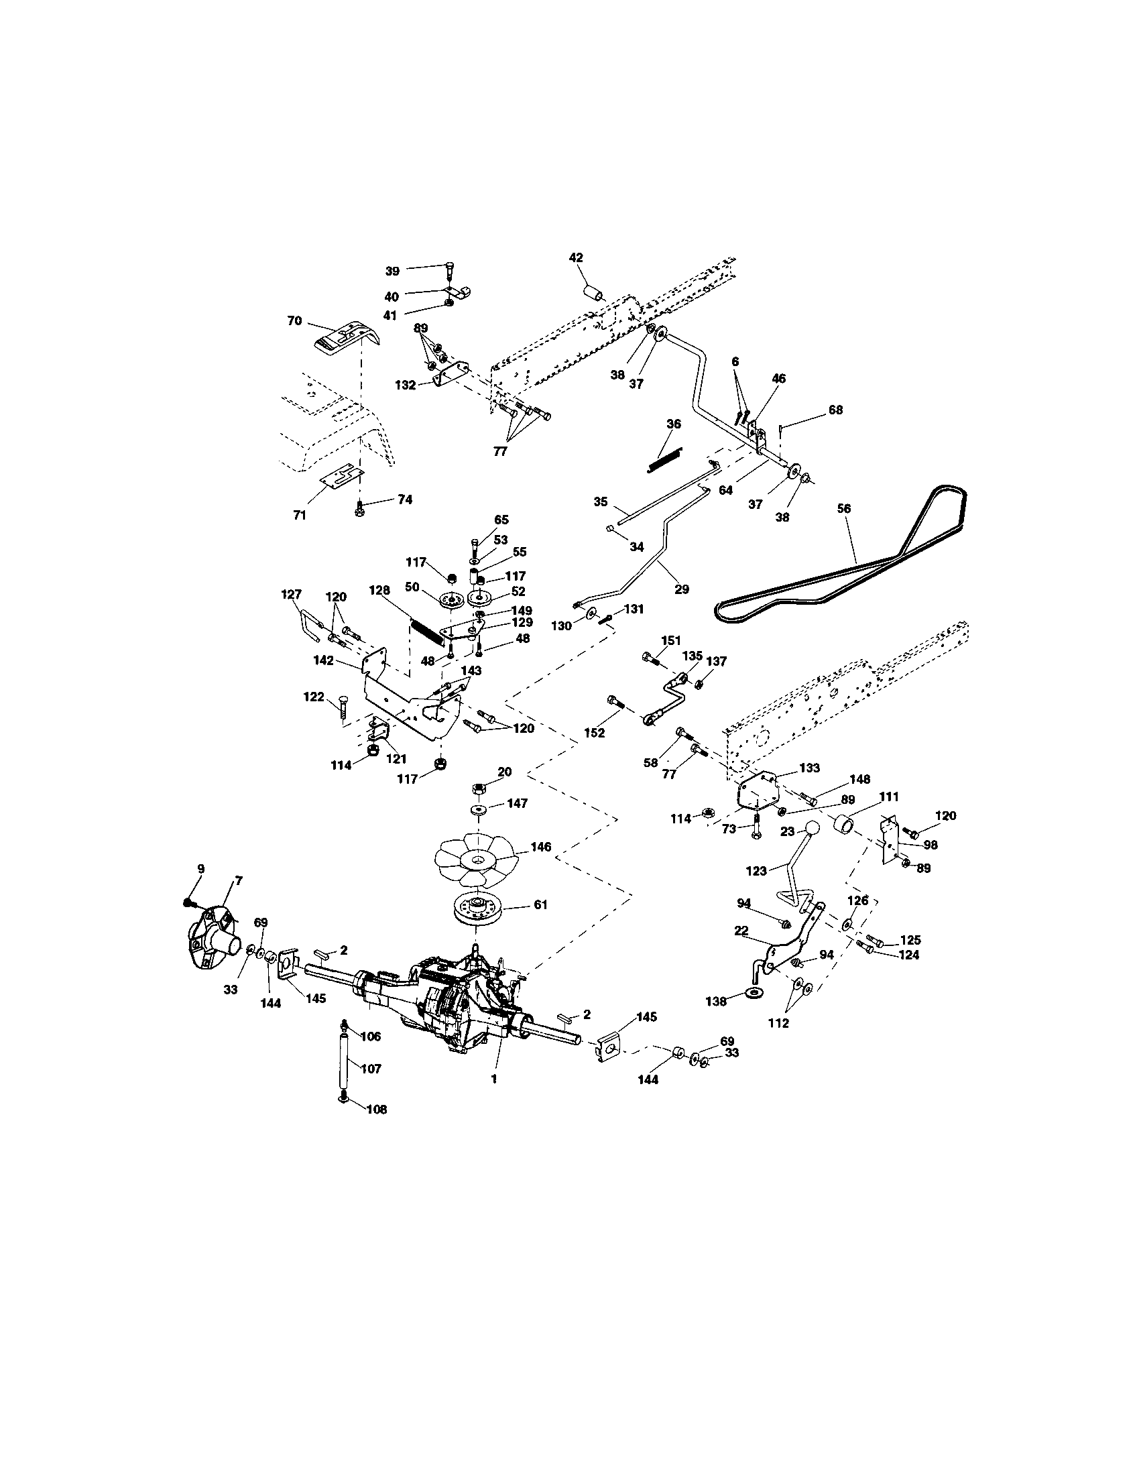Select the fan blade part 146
tap(477, 860)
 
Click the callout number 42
tap(576, 257)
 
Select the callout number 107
tap(371, 1069)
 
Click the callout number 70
tap(294, 320)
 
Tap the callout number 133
tap(810, 768)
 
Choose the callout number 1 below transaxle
tap(494, 1079)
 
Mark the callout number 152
tap(595, 733)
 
